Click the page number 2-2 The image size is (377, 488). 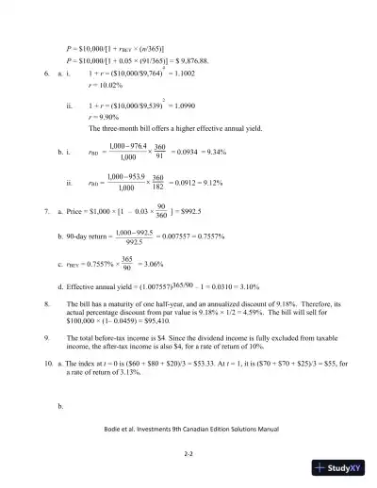188,452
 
